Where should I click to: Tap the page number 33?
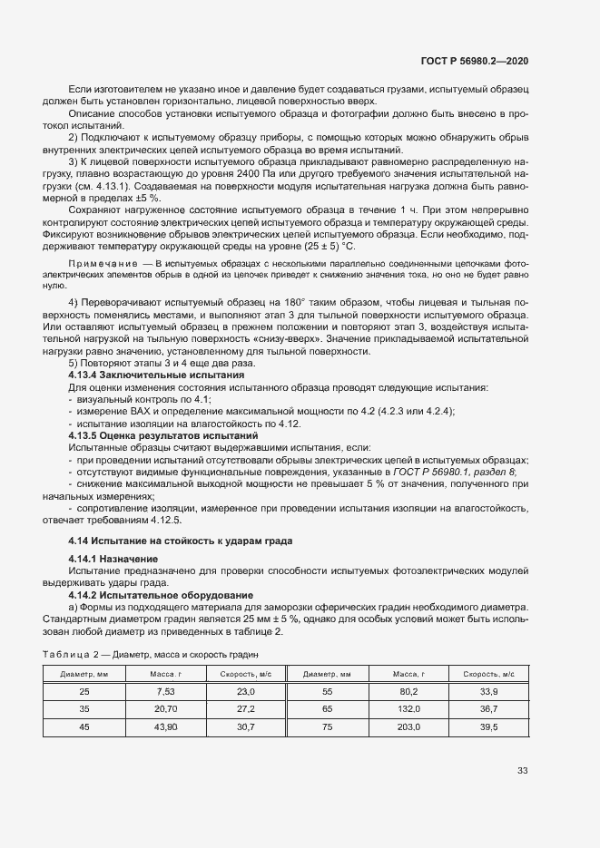[x=522, y=771]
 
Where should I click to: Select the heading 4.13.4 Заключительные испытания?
[x=143, y=375]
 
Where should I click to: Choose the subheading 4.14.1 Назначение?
[x=113, y=558]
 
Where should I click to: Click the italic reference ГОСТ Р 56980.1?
[x=428, y=473]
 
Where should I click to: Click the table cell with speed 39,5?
[x=489, y=726]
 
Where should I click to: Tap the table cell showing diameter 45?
[x=84, y=726]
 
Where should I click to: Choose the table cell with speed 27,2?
[x=245, y=708]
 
